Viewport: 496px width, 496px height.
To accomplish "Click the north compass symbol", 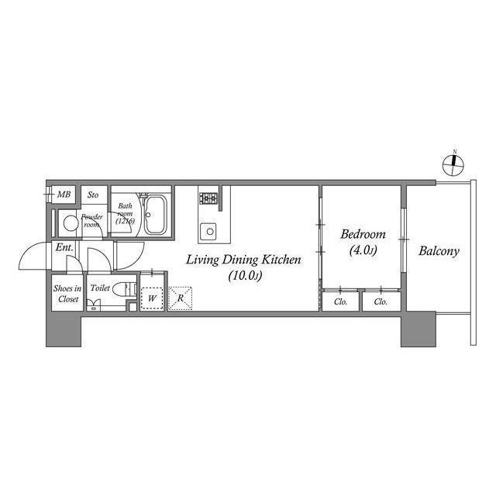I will (455, 164).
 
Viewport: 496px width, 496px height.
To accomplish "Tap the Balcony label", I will (439, 251).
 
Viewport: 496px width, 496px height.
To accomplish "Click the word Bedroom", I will (363, 234).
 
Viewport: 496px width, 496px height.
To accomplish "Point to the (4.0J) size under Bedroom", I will (363, 250).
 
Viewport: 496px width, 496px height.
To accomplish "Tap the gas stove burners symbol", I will (208, 198).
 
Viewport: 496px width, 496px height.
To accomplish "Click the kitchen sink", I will (208, 230).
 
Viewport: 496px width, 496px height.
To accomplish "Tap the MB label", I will (64, 194).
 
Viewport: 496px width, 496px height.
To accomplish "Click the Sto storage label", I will (93, 195).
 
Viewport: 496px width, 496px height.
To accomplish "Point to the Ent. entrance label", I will (64, 248).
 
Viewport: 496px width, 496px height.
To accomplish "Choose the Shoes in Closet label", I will (66, 294).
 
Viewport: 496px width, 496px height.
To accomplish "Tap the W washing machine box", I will (152, 298).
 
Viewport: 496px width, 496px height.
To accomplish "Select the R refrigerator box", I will (180, 298).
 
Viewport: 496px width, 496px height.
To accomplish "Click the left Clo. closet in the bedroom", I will (340, 301).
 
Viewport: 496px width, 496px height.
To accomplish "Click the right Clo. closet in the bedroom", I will (381, 301).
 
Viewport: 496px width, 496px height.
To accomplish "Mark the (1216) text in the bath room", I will (125, 222).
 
